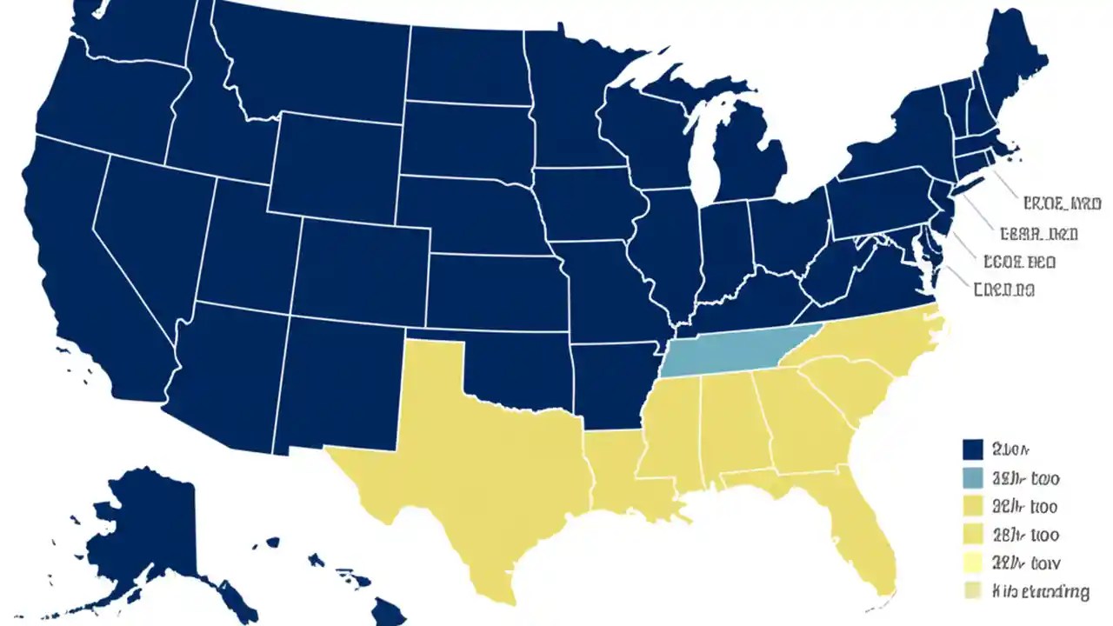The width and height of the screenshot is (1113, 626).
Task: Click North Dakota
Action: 470,65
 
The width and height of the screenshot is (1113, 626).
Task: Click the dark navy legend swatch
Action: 973,450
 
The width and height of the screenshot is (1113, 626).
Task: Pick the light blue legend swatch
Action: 973,477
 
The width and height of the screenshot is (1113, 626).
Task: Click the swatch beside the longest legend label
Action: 973,591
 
